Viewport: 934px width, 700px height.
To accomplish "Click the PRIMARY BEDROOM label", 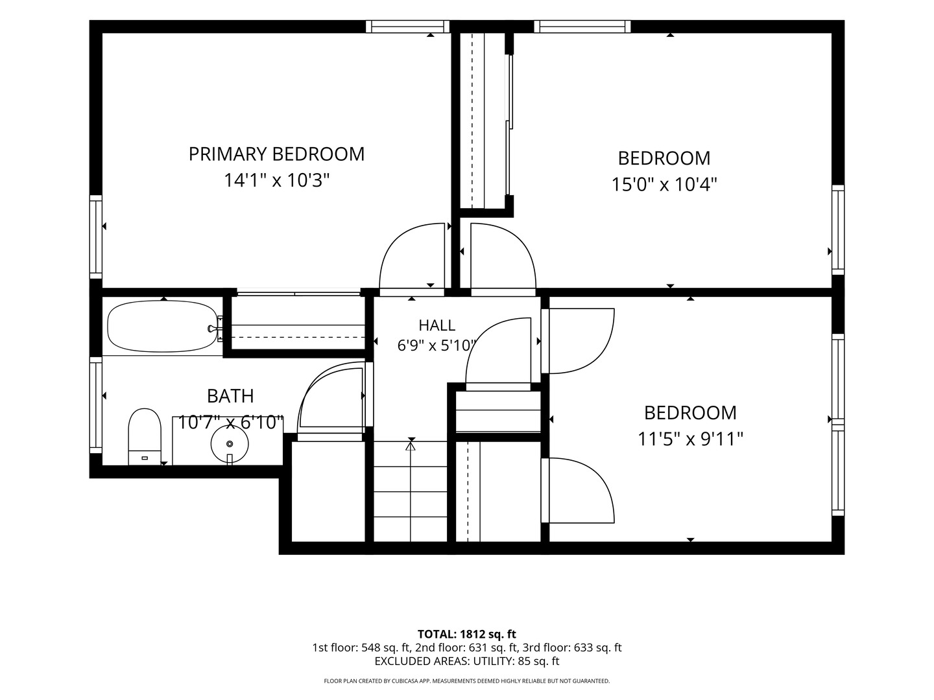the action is click(x=276, y=154).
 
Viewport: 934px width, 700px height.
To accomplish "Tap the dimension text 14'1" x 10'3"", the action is click(x=277, y=180).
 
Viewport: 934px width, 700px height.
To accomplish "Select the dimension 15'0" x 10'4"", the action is click(x=664, y=185).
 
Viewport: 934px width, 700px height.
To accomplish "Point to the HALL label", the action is click(x=437, y=325).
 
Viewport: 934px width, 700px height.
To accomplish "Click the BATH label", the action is click(x=230, y=396).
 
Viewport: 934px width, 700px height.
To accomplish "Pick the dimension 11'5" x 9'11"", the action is click(x=690, y=439).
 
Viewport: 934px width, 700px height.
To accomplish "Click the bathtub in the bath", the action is click(x=162, y=327).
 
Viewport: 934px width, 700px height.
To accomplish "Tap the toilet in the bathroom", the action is click(x=145, y=436).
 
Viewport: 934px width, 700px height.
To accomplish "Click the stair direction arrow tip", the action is click(x=410, y=443).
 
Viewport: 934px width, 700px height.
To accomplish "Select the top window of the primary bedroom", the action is click(x=407, y=27).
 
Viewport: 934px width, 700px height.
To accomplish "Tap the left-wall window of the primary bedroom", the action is click(x=96, y=237).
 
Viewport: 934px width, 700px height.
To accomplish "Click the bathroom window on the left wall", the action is click(x=96, y=405).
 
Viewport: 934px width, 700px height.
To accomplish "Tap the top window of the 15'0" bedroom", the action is click(x=582, y=27).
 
